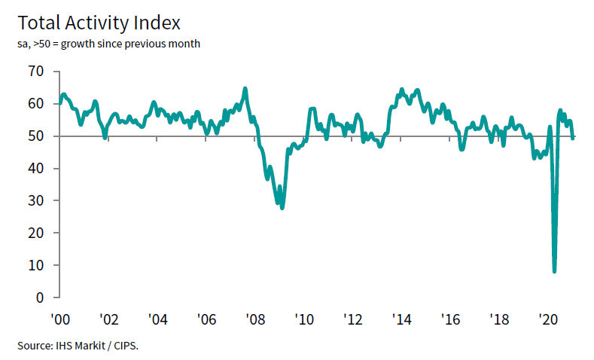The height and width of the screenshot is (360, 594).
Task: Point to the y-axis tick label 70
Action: click(36, 72)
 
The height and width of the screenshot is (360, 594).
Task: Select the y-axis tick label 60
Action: click(36, 104)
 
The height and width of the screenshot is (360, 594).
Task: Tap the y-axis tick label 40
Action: click(36, 169)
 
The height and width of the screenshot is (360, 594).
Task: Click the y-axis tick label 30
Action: click(36, 201)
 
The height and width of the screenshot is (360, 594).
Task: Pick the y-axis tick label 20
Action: click(36, 233)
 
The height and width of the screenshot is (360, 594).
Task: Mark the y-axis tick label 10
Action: click(36, 266)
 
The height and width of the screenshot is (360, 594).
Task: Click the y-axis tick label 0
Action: click(40, 297)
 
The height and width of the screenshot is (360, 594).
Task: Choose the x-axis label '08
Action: click(254, 319)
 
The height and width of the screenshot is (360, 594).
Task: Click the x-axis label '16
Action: click(450, 319)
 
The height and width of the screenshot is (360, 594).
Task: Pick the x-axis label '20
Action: click(548, 319)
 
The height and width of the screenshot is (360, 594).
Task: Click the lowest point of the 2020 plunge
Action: click(555, 271)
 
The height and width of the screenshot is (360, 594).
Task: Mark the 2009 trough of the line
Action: click(282, 207)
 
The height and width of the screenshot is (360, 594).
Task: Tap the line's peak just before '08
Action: click(245, 89)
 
